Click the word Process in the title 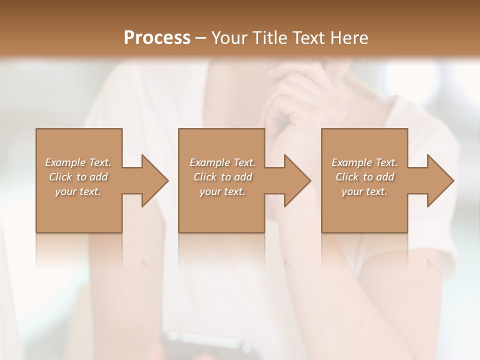coord(157,38)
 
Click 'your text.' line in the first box coord(78,191)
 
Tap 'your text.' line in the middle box coord(222,191)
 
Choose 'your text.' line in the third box coord(364,191)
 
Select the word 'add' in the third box coord(385,177)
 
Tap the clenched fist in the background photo coord(300,100)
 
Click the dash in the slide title coord(201,38)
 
